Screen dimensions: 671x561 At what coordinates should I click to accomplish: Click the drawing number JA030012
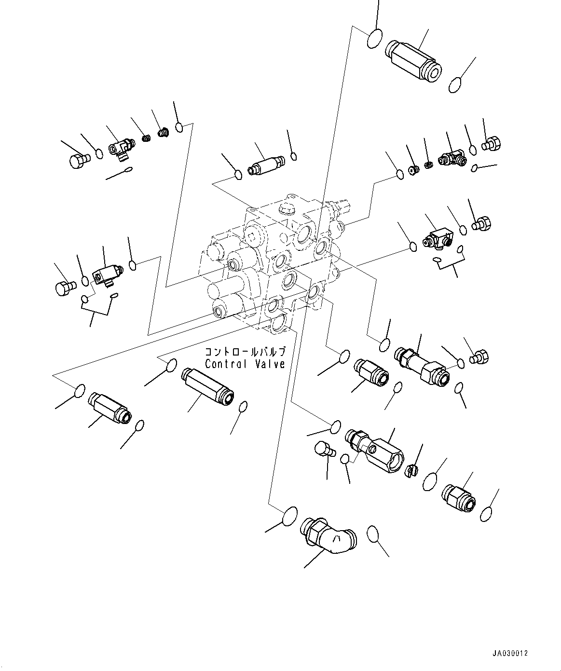[x=510, y=653]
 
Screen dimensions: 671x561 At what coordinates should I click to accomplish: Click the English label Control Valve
[x=245, y=364]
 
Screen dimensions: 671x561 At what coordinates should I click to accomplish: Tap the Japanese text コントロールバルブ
[x=245, y=352]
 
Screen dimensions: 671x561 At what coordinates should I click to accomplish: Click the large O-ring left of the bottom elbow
[x=289, y=515]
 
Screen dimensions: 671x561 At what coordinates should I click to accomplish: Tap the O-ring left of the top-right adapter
[x=375, y=39]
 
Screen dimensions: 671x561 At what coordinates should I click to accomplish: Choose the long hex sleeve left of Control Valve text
[x=207, y=387]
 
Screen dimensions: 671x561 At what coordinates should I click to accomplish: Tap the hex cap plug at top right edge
[x=492, y=143]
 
